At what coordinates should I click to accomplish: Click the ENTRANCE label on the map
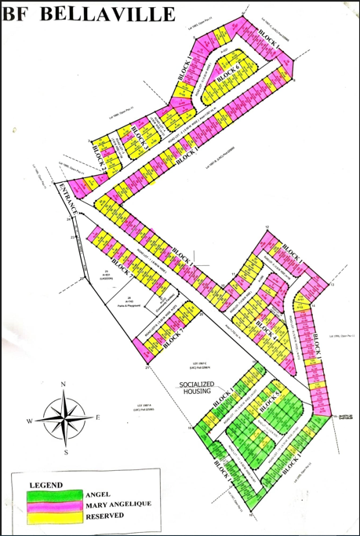click(x=67, y=199)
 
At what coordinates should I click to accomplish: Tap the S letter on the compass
click(x=66, y=452)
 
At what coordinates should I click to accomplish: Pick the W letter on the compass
click(x=30, y=421)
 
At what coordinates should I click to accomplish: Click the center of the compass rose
click(x=65, y=418)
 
